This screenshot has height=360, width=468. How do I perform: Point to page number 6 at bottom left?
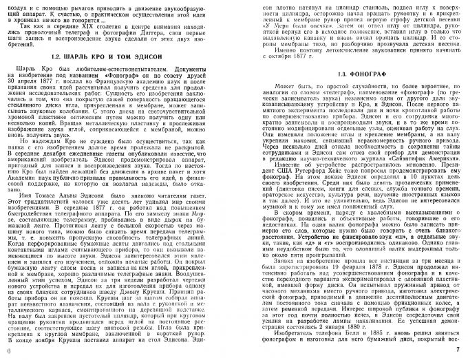pyautogui.click(x=7, y=352)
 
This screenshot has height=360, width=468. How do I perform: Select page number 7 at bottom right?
pyautogui.click(x=459, y=352)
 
